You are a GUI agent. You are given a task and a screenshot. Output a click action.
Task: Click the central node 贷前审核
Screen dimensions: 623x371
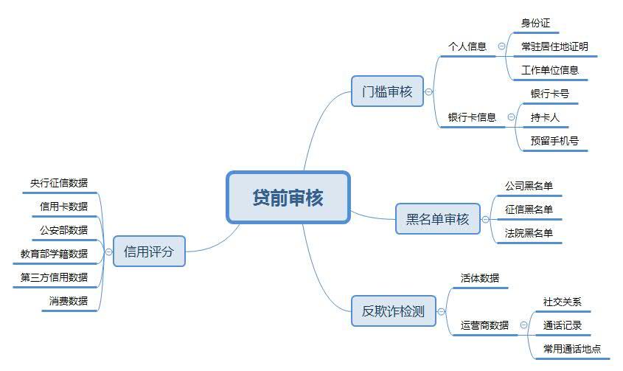[288, 198]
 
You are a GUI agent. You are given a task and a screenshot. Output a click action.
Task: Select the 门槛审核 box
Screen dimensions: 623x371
[387, 91]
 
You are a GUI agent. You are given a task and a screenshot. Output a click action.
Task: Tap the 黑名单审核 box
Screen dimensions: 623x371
[438, 219]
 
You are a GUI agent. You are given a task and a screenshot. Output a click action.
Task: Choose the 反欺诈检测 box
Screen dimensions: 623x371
[394, 311]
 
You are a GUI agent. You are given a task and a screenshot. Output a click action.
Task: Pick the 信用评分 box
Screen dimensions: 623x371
[149, 252]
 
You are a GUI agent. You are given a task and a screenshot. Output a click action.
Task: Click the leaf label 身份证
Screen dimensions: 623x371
[535, 23]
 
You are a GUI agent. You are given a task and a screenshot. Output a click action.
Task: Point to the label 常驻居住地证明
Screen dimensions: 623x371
[554, 46]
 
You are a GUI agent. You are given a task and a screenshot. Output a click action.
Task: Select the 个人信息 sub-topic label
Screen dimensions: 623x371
[467, 46]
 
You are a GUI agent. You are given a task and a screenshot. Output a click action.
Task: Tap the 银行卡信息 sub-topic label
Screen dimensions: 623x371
[472, 117]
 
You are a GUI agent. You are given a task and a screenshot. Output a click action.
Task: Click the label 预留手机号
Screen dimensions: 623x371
[554, 141]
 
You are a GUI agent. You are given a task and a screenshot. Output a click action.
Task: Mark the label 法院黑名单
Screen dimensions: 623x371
[529, 233]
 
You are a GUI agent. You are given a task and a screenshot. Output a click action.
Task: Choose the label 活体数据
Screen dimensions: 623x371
[480, 278]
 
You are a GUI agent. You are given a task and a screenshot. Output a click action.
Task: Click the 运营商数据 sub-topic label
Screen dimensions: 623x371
[484, 325]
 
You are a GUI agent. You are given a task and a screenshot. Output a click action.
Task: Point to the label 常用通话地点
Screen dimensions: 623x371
[572, 349]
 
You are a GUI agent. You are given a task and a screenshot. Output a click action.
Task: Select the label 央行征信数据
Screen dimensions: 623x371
[59, 183]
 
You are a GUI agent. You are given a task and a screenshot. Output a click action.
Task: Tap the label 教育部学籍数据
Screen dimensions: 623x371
[54, 254]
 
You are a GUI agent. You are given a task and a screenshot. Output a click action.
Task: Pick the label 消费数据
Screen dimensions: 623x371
[69, 301]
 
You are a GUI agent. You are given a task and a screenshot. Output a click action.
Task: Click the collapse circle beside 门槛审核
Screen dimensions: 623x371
[428, 92]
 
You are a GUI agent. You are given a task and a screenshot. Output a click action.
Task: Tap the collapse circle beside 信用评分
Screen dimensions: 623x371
[108, 252]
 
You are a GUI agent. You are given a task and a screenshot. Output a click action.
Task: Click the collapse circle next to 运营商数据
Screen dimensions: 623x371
[524, 325]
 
